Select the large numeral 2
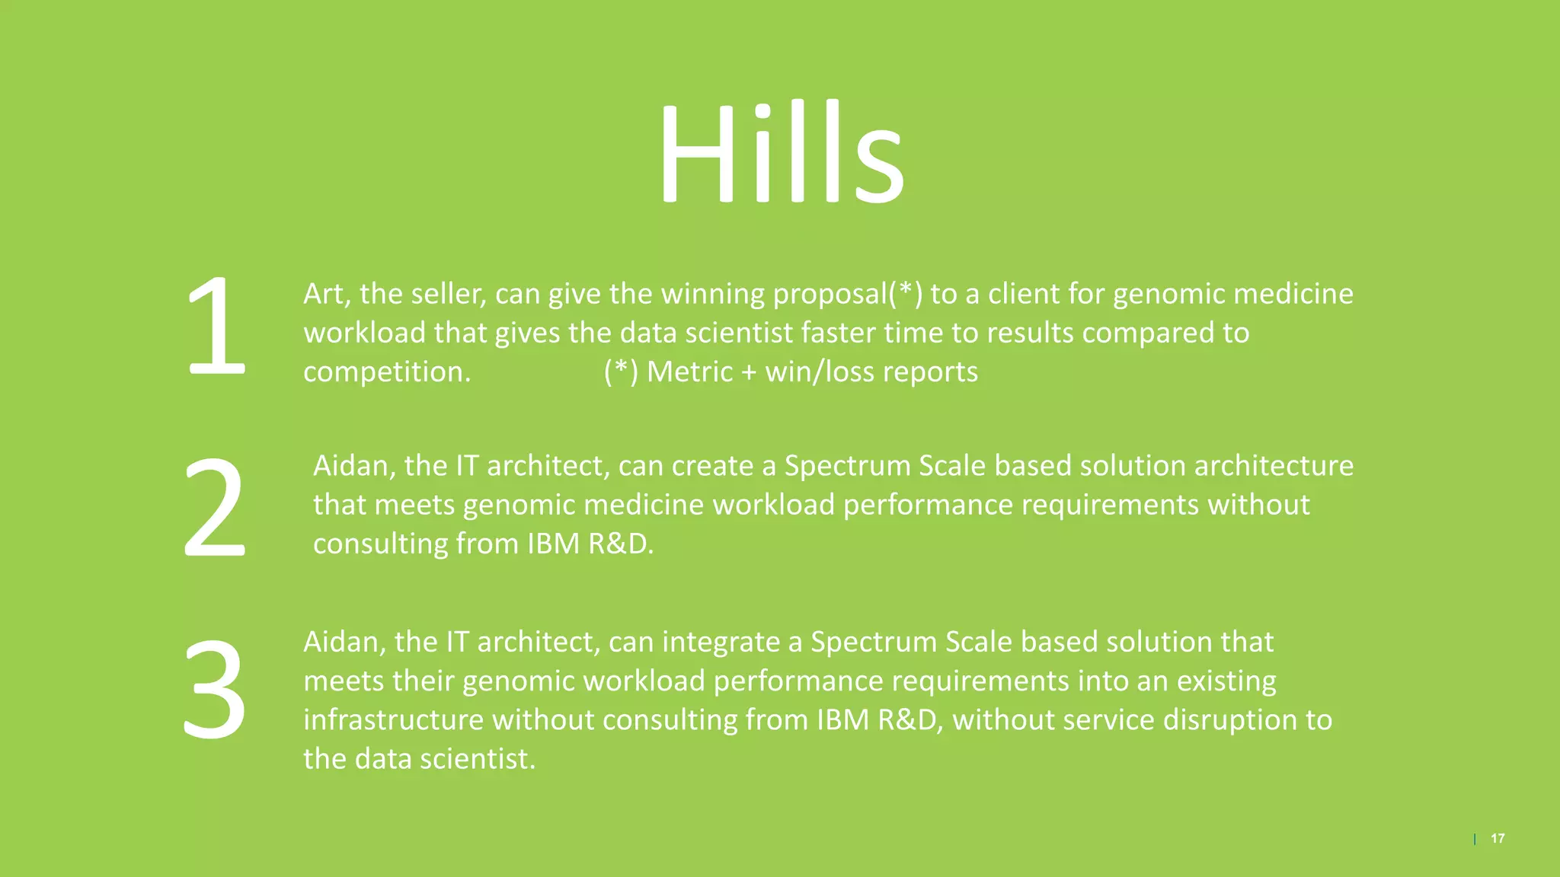214,507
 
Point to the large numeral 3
214,689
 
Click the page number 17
1498,838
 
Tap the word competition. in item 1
387,372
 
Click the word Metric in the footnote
689,372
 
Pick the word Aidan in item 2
353,466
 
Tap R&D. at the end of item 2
621,544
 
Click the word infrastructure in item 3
393,720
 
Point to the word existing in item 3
1226,681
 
